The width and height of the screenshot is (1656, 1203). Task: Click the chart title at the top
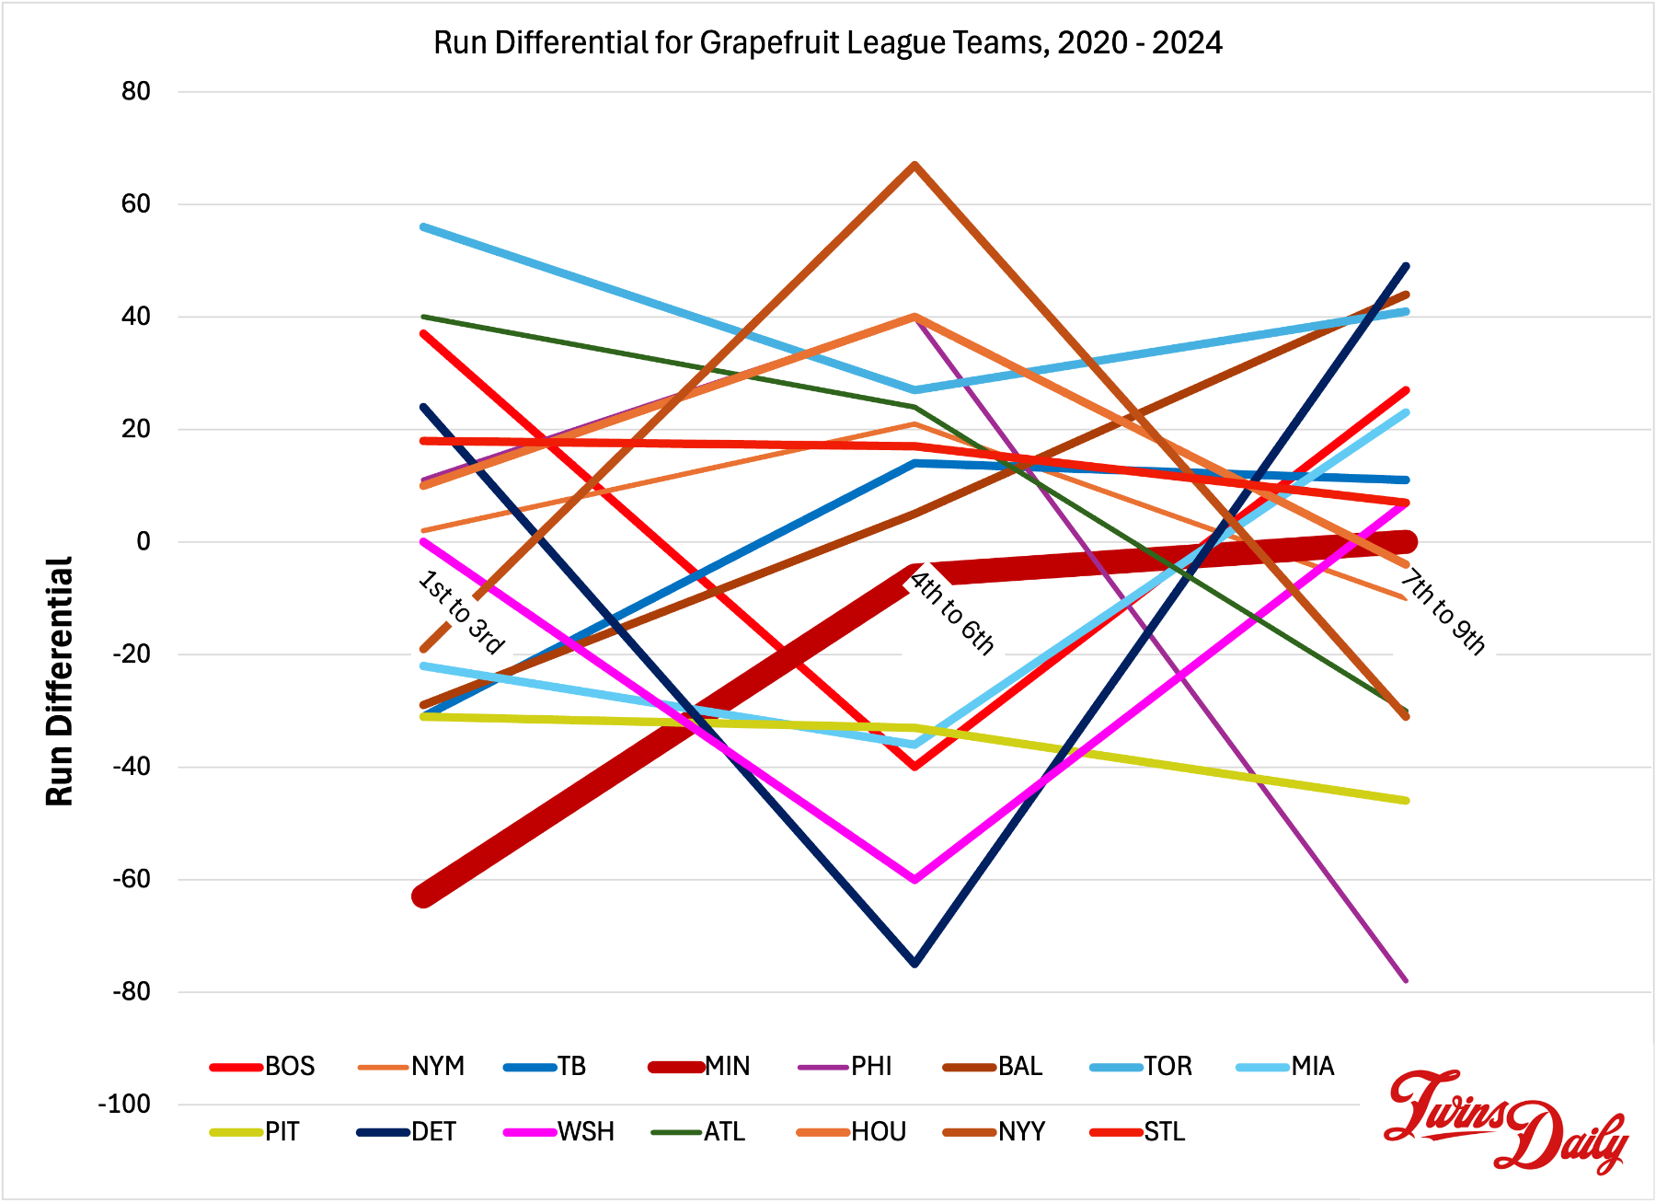pyautogui.click(x=827, y=42)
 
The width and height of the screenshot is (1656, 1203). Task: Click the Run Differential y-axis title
pyautogui.click(x=60, y=681)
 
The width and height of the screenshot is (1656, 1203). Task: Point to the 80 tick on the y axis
pyautogui.click(x=135, y=91)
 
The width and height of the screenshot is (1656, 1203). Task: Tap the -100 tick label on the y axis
pyautogui.click(x=124, y=1104)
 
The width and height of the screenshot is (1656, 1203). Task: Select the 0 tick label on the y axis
pyautogui.click(x=143, y=541)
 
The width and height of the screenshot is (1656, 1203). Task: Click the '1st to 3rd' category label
pyautogui.click(x=461, y=612)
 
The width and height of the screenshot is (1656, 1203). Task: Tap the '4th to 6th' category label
pyautogui.click(x=952, y=613)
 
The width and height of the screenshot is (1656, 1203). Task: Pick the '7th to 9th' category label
pyautogui.click(x=1443, y=613)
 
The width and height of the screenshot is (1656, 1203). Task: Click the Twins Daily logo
pyautogui.click(x=1506, y=1120)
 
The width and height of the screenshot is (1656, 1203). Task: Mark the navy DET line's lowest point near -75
pyautogui.click(x=914, y=963)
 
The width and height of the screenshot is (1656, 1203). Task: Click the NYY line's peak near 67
pyautogui.click(x=914, y=165)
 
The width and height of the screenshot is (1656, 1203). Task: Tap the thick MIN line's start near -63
pyautogui.click(x=423, y=896)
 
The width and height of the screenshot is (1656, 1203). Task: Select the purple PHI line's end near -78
pyautogui.click(x=1406, y=980)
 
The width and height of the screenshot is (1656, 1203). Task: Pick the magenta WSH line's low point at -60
pyautogui.click(x=914, y=879)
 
